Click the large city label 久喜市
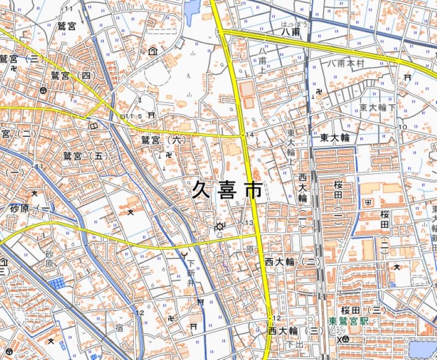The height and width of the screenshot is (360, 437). point(226,190)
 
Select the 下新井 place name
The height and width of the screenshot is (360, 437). point(190,267)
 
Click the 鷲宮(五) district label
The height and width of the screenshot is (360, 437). point(82,156)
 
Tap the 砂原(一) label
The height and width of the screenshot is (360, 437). point(33,209)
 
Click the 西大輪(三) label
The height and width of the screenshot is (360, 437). point(292,331)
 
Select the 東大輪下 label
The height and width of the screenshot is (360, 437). point(377,108)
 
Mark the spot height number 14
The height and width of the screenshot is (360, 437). point(250,134)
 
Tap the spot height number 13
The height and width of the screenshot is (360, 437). point(250,222)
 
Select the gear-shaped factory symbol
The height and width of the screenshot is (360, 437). point(220,226)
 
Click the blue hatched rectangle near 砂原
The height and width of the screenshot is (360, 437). point(56,283)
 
